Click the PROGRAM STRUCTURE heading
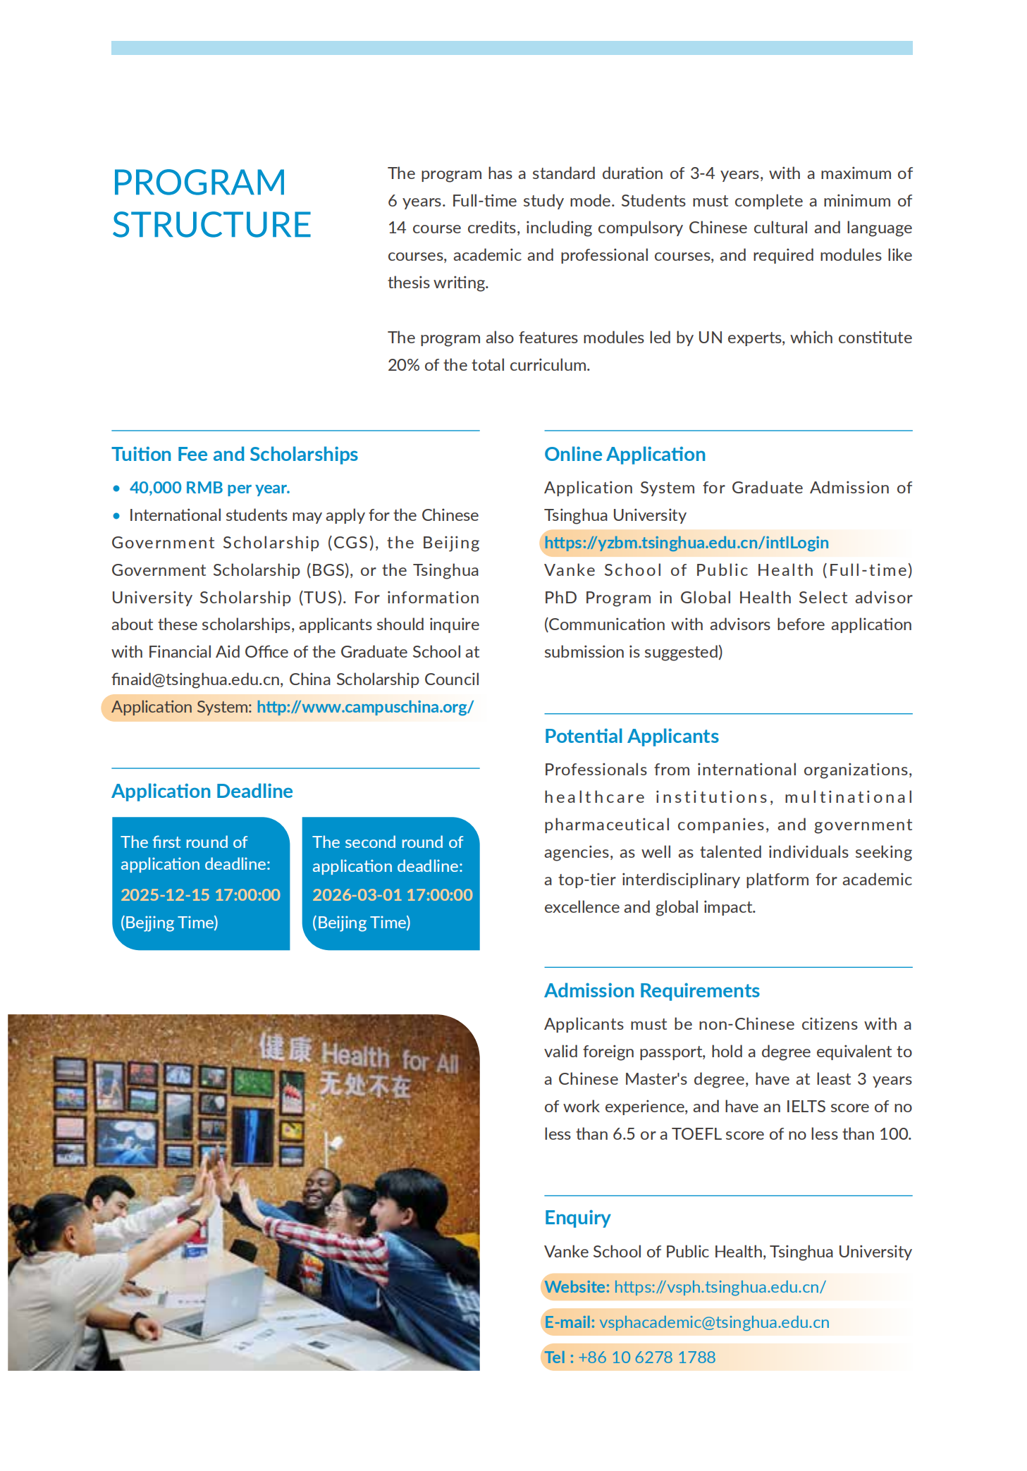tap(211, 204)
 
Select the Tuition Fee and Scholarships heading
tap(235, 455)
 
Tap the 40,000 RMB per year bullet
tap(209, 488)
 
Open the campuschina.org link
tap(365, 707)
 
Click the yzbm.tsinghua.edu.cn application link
tap(686, 543)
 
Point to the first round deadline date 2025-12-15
tap(200, 895)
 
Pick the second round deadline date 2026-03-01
tap(392, 895)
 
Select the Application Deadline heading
tap(202, 792)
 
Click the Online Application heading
tap(625, 455)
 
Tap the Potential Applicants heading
tap(631, 737)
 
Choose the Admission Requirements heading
tap(651, 991)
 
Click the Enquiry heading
tap(577, 1218)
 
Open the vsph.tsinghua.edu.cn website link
tap(720, 1287)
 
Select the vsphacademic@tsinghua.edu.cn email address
tap(714, 1322)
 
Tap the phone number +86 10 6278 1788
tap(646, 1358)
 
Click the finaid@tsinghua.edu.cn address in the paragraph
tap(196, 679)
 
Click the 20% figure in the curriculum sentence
tap(402, 365)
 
